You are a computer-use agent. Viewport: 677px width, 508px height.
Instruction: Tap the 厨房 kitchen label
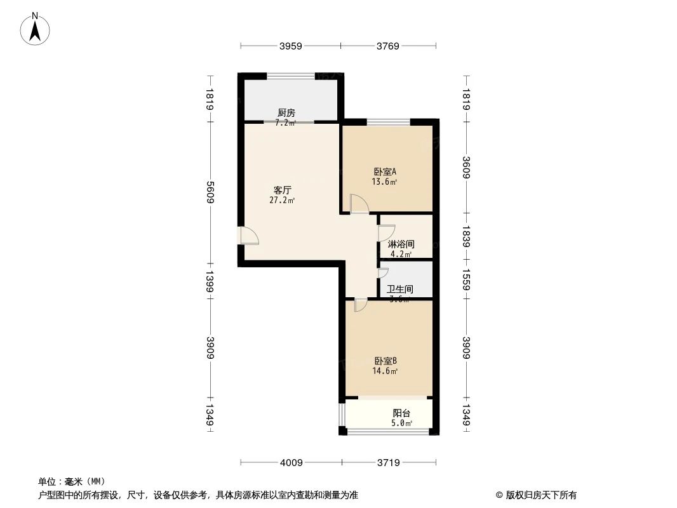pos(286,113)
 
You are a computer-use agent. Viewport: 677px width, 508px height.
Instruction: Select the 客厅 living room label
pos(282,190)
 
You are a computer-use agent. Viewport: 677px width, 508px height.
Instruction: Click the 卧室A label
pos(385,171)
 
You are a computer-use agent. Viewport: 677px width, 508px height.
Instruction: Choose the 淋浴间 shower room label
pos(401,244)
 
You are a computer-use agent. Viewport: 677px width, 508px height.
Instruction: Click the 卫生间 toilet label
pos(400,289)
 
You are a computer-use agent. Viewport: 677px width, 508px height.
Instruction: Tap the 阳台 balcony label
pos(401,413)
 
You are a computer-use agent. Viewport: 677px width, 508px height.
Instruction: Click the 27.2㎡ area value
pos(282,201)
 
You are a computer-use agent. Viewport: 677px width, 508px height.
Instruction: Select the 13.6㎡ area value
pos(385,182)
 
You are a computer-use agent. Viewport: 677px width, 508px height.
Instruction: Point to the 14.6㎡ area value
pos(385,371)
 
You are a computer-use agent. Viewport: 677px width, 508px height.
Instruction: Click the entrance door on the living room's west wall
pos(249,236)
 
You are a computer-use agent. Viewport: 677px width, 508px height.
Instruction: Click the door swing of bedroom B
pos(360,305)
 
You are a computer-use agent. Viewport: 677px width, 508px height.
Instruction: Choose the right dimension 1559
pos(466,279)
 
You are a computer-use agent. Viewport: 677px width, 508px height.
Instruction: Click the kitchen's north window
pos(291,76)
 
